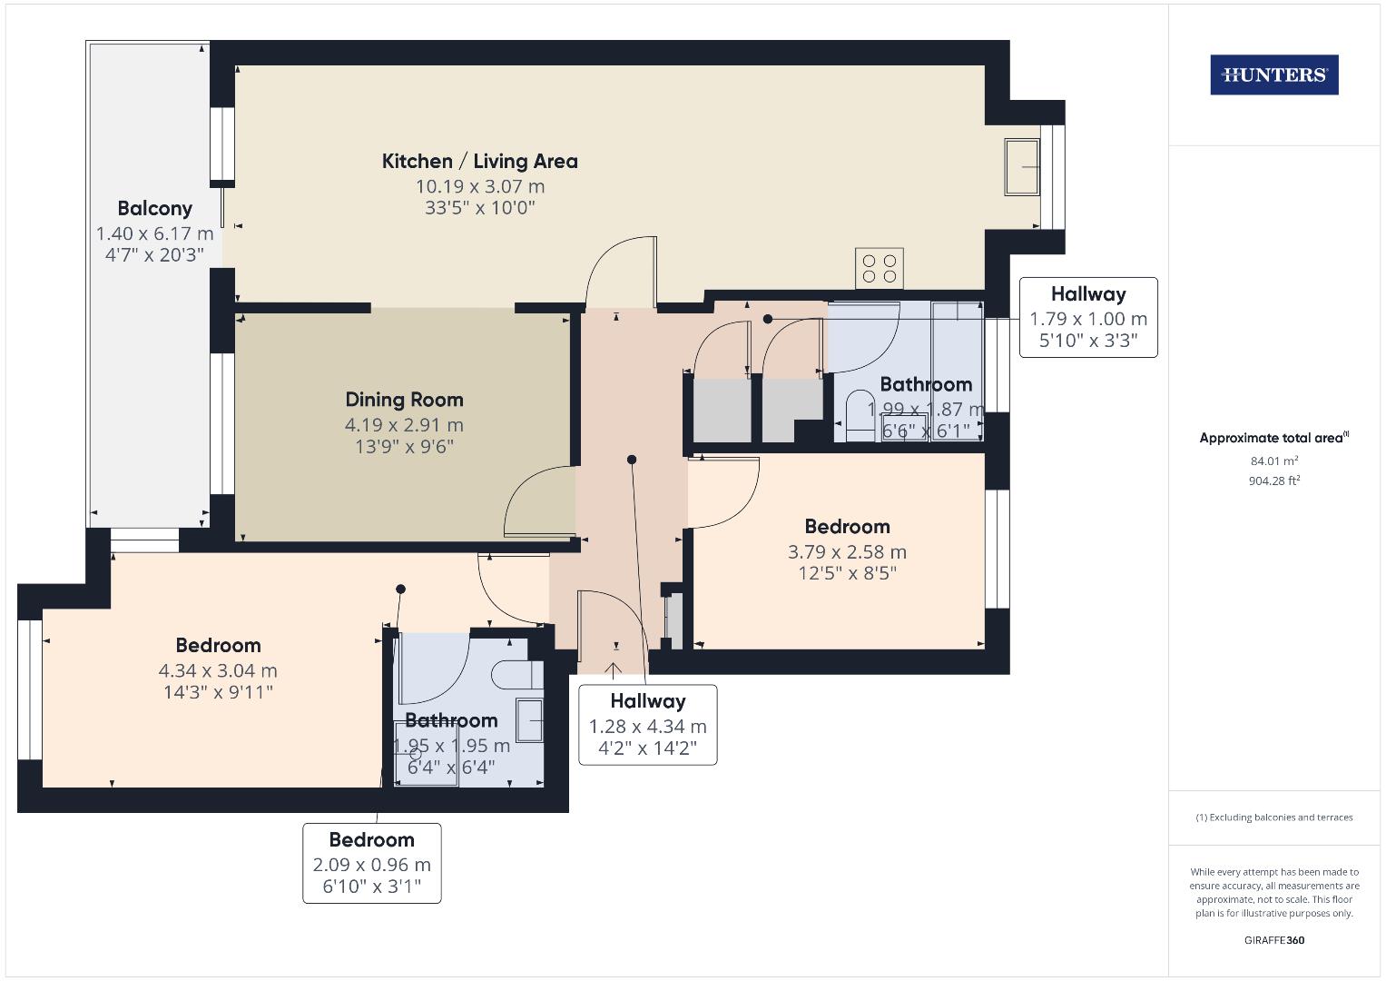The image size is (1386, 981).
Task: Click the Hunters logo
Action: coord(1273,75)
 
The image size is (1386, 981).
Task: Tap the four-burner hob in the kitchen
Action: coord(879,268)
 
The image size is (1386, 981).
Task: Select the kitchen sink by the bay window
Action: coord(1022,166)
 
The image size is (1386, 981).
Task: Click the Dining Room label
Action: coord(404,400)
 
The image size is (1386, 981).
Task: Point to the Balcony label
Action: coord(154,208)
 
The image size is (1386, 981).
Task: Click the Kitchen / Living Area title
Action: coord(479,162)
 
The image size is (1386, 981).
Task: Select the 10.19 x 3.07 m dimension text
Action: coord(479,186)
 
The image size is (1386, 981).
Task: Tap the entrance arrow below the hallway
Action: coord(614,670)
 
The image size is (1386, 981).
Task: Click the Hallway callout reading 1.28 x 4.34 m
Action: coord(647,725)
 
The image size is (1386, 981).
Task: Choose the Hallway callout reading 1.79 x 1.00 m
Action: coord(1088,317)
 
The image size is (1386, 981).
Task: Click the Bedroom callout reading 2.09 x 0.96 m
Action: coord(371,863)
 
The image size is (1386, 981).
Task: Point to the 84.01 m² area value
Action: coord(1273,461)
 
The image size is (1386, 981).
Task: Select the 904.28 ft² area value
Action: coord(1273,481)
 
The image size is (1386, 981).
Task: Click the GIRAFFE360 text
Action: coord(1273,940)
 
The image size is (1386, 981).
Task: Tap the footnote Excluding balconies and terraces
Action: coord(1273,817)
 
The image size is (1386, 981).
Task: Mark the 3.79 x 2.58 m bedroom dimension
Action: coord(847,552)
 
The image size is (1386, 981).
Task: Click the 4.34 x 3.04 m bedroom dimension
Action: coord(218,671)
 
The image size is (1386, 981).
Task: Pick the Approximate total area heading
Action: coord(1273,438)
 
